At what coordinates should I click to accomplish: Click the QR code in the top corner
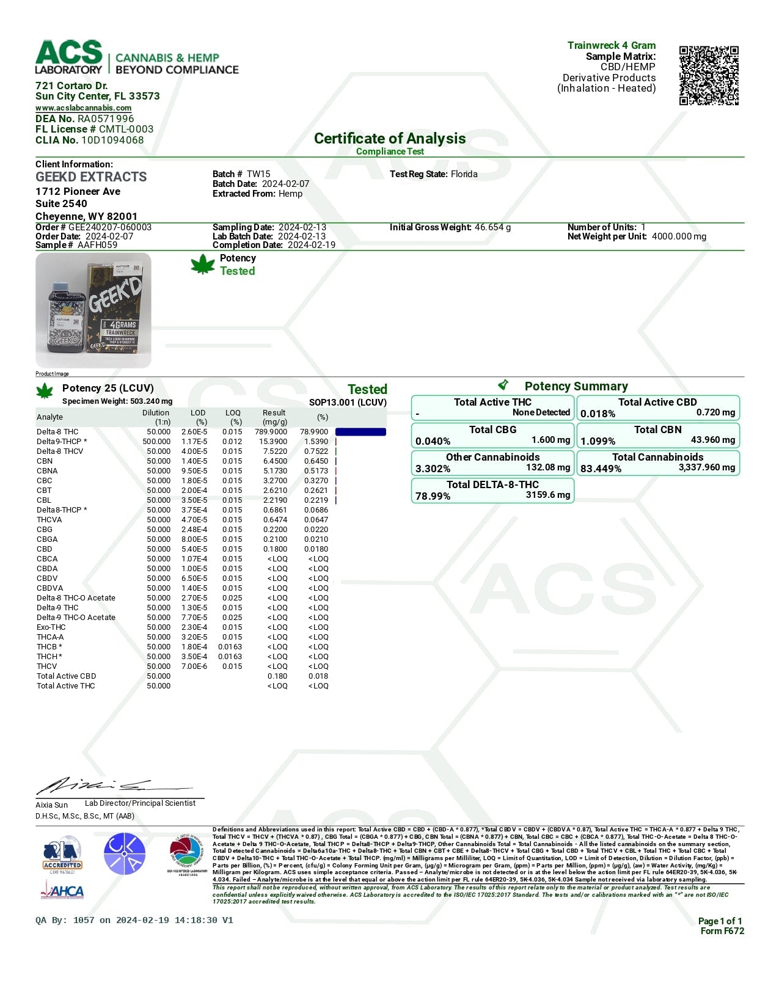709,75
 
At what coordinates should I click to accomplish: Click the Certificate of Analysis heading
389,139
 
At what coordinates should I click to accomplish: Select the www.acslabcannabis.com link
83,108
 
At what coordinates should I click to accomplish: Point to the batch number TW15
258,174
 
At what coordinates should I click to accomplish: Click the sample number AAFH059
97,245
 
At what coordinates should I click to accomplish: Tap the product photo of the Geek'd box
93,310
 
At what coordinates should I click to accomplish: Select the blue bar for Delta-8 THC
360,432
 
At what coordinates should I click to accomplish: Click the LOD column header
198,414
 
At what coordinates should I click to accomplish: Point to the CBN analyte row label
45,461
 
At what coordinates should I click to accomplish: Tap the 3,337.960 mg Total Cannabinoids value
706,467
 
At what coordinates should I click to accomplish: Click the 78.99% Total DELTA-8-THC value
433,496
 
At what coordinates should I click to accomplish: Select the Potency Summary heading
576,386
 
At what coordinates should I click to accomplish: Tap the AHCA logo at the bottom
62,891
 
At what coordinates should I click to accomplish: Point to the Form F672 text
722,931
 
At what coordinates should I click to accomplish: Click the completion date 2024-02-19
312,245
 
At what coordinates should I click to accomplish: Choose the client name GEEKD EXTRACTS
91,177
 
